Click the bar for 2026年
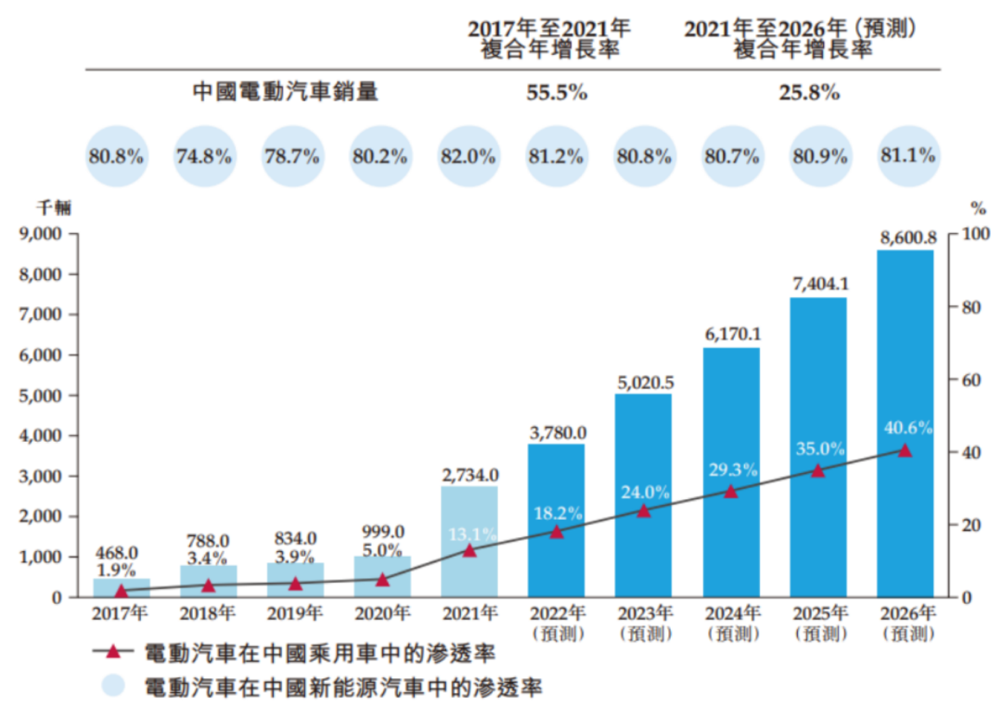905,423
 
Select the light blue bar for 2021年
469,542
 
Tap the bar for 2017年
122,587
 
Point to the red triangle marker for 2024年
731,491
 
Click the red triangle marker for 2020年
382,580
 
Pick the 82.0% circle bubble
468,156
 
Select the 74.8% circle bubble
204,156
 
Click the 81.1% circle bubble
908,155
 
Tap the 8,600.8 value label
908,238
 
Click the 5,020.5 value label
646,382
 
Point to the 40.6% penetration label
908,428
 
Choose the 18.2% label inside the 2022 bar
558,513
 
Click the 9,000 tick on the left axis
40,234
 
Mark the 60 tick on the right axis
971,380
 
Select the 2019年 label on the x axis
295,613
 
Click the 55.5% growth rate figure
557,93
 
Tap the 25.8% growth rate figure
809,93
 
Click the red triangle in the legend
113,651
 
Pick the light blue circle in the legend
113,685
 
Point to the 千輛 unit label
55,208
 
